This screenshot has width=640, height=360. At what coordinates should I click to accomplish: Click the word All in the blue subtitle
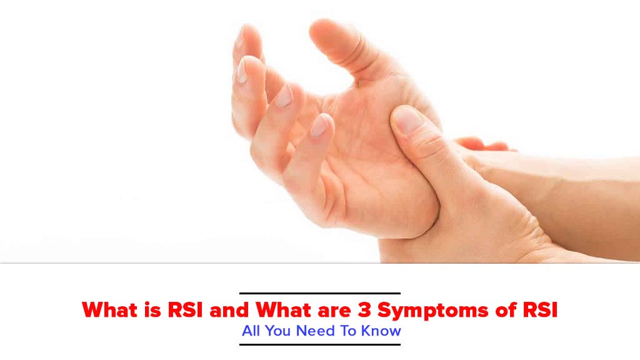tap(251, 331)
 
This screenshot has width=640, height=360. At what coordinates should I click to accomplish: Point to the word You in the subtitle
tap(277, 331)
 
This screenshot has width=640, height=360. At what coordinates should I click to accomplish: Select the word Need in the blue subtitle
tap(315, 331)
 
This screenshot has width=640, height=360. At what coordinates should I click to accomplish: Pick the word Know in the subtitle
tap(381, 331)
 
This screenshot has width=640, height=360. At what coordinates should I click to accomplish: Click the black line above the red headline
tap(319, 293)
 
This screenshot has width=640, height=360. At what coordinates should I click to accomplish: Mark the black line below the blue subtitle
tap(319, 344)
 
